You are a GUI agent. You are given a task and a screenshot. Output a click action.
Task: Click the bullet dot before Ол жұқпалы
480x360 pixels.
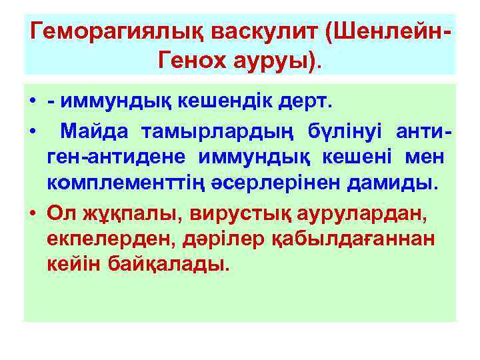[32, 213]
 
